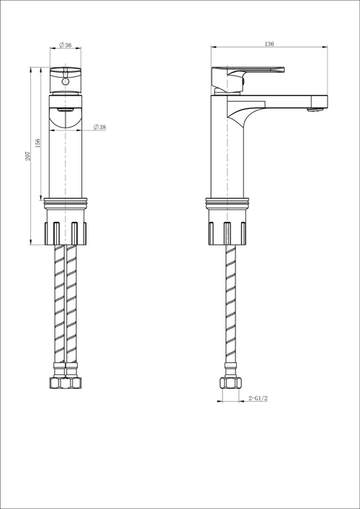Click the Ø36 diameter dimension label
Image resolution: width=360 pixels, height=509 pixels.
[66, 45]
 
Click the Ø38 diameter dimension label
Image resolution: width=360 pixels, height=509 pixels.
[99, 127]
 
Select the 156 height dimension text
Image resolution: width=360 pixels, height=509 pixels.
[38, 141]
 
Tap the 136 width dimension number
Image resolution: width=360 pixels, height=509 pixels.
[269, 44]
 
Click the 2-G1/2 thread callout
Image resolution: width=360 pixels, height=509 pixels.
[258, 398]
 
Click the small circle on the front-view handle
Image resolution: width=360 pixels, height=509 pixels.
[66, 81]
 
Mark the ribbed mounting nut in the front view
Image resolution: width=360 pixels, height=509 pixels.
[66, 232]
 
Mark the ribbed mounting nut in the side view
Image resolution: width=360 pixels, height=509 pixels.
[229, 232]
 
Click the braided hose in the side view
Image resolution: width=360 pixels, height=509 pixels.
[229, 310]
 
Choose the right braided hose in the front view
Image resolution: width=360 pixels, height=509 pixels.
[72, 310]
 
